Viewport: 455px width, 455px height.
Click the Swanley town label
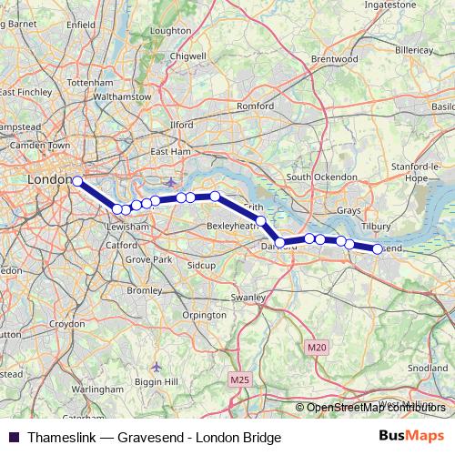pyautogui.click(x=248, y=298)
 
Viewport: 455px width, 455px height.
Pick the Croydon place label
pyautogui.click(x=66, y=324)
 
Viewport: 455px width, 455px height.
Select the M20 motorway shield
pyautogui.click(x=316, y=348)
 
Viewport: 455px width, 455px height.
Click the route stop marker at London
pyautogui.click(x=77, y=181)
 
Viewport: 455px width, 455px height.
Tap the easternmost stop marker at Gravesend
pyautogui.click(x=378, y=248)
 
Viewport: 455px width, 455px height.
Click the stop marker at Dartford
pyautogui.click(x=281, y=243)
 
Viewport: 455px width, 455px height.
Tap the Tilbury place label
pyautogui.click(x=375, y=226)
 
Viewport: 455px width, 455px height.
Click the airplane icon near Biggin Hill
pyautogui.click(x=157, y=366)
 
